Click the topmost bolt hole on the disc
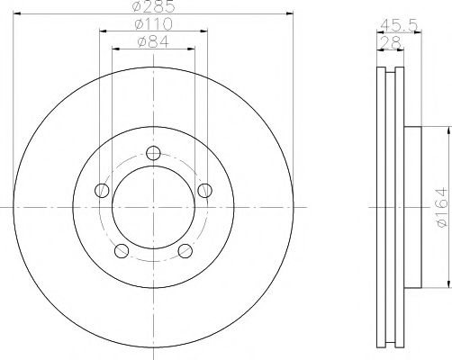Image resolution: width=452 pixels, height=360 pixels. [154, 152]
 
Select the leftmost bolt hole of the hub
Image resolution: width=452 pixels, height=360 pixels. [103, 190]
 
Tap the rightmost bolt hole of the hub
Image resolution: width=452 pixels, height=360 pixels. [205, 190]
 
